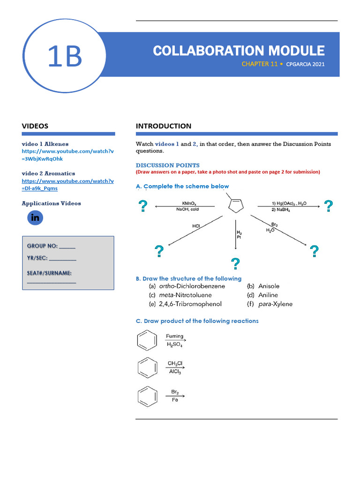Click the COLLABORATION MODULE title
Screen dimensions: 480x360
(x=239, y=51)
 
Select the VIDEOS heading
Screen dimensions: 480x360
(x=35, y=126)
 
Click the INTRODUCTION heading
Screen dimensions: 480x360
(x=164, y=126)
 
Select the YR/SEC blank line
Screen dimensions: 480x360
(x=62, y=259)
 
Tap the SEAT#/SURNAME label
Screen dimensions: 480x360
(x=49, y=272)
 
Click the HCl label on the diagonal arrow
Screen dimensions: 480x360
(x=196, y=226)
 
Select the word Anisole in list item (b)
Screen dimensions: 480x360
(x=269, y=286)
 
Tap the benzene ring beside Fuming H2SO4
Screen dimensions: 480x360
(x=147, y=341)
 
